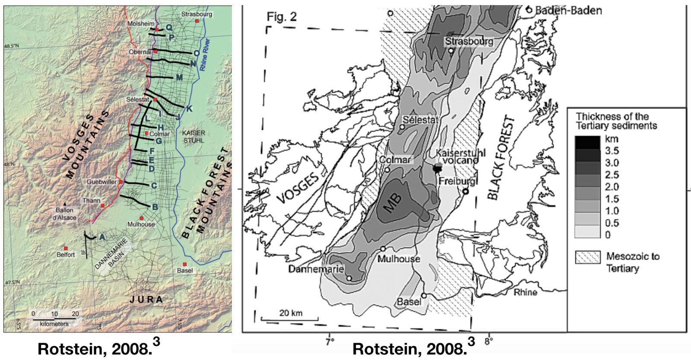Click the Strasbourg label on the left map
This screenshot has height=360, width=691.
[x=197, y=14]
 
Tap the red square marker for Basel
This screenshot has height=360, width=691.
[x=184, y=264]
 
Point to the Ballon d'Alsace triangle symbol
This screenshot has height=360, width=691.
[x=65, y=204]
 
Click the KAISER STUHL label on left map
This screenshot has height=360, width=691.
[x=193, y=137]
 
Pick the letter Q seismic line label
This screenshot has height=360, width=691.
[x=169, y=27]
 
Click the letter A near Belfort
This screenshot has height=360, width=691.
[x=102, y=237]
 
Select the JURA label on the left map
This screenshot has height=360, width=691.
[x=146, y=299]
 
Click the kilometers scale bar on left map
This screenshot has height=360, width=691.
[x=54, y=319]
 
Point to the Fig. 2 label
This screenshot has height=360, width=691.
[x=282, y=17]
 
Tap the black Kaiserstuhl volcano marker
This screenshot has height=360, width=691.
[x=438, y=168]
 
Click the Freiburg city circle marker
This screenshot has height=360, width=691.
[x=466, y=191]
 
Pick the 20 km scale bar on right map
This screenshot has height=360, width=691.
[x=290, y=319]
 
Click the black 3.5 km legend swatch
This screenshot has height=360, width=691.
[x=587, y=142]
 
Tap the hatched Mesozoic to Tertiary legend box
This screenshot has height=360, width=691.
[x=587, y=257]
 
